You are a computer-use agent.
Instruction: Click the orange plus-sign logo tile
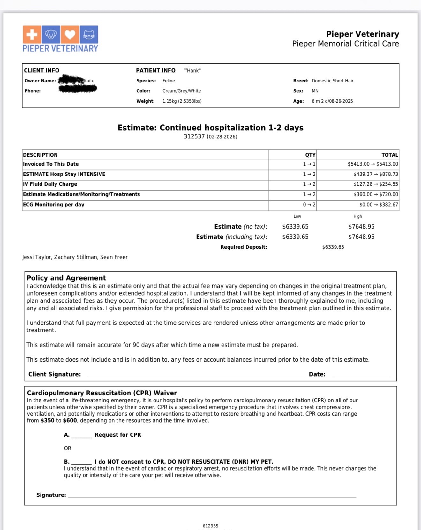(x=32, y=35)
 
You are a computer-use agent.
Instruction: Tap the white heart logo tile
(x=70, y=35)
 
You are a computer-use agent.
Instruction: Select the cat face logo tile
(x=89, y=35)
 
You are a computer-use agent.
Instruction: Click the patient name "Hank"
(x=192, y=70)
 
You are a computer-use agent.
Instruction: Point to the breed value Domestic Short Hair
(x=333, y=81)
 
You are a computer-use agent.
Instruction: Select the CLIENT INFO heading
(x=41, y=70)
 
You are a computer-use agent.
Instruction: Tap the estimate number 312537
(x=194, y=136)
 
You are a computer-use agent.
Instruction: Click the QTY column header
(x=310, y=155)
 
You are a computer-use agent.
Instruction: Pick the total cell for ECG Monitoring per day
(x=379, y=205)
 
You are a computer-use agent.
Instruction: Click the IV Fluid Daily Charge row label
(x=50, y=184)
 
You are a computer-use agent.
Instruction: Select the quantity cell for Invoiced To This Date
(x=309, y=164)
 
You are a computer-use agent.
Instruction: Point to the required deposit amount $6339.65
(x=333, y=247)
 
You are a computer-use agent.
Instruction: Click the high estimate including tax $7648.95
(x=361, y=237)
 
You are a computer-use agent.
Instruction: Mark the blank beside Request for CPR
(x=81, y=435)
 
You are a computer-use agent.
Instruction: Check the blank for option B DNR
(x=81, y=462)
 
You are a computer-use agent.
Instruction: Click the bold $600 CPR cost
(x=70, y=420)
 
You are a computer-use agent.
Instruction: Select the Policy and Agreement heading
(x=66, y=278)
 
